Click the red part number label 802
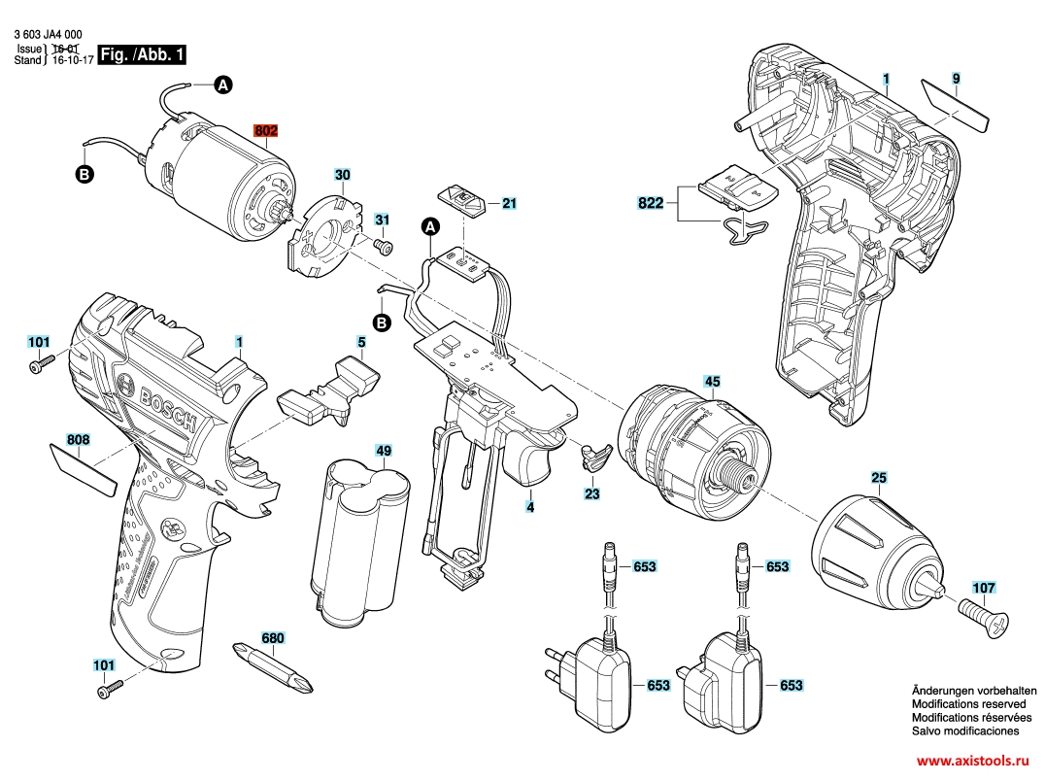pos(265,130)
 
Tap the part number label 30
pos(342,176)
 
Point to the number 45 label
pos(712,382)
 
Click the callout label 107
pos(983,588)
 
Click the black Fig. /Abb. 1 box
pos(142,55)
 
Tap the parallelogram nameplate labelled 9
pos(955,104)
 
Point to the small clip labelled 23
pos(592,456)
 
